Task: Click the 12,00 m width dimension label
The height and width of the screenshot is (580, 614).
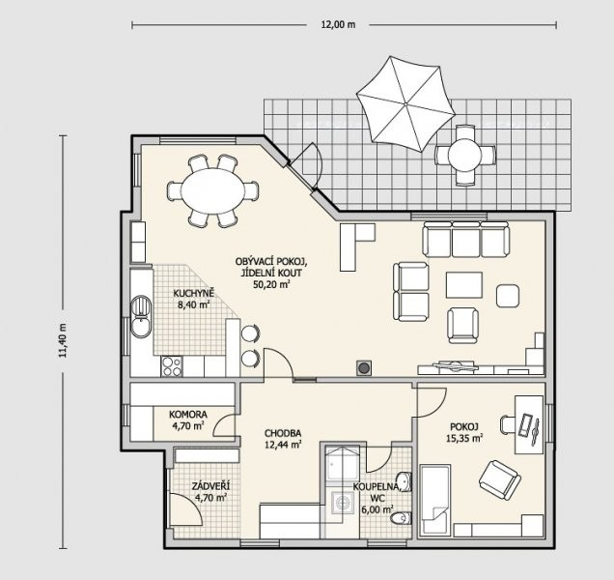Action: pos(338,25)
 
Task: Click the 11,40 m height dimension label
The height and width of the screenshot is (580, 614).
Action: pos(63,340)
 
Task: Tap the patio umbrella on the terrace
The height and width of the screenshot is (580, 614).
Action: pos(405,104)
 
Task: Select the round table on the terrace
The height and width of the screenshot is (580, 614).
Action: pos(464,155)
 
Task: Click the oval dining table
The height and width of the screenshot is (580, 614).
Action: pos(212,191)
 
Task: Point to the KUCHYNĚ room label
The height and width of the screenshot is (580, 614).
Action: pos(193,293)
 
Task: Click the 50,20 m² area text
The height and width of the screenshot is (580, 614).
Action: pos(271,284)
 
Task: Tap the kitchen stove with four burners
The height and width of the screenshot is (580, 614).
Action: pos(172,366)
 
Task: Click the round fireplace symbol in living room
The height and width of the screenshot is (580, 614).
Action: pos(364,368)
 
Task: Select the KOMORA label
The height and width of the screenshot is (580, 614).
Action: pos(188,414)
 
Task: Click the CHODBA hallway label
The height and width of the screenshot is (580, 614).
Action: pos(283,433)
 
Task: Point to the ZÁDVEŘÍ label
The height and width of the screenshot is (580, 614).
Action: pos(210,486)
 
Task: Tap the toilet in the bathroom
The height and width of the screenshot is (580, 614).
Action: pos(402,517)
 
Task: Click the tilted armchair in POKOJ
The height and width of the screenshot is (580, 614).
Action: pos(500,480)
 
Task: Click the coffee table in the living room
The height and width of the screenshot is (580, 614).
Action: pos(464,285)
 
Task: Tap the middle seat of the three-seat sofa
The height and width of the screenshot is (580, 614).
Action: pos(466,239)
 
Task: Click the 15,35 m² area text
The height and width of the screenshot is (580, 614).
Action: pos(464,438)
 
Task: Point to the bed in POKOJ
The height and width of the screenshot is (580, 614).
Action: pos(434,500)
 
